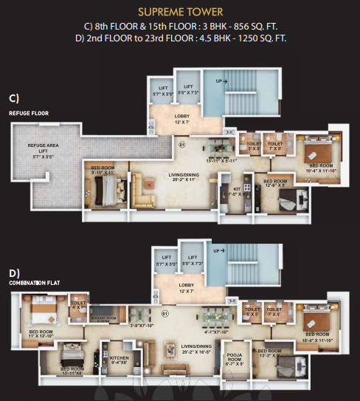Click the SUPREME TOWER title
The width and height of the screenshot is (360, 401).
click(179, 13)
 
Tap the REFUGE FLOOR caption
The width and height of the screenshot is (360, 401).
click(29, 113)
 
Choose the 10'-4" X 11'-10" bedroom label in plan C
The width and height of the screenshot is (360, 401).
click(320, 168)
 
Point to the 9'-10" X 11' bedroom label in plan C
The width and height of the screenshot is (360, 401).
click(102, 169)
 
